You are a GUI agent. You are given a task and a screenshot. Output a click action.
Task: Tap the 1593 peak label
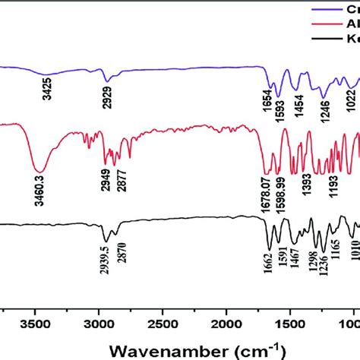click(x=280, y=117)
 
